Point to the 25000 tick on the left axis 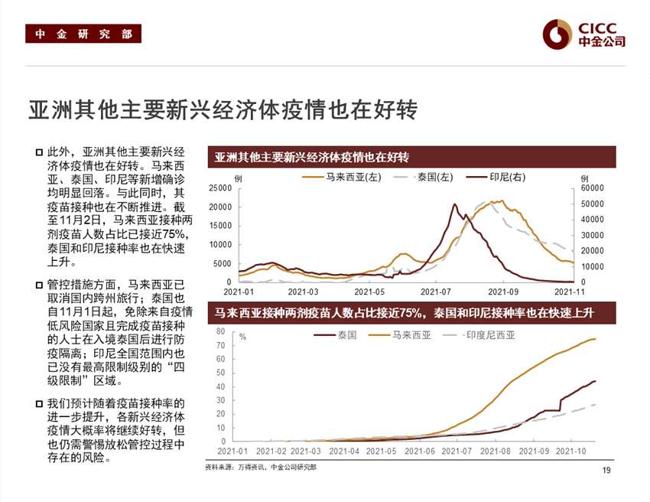point(221,188)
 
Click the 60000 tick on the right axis point(593,188)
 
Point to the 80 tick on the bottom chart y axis point(220,331)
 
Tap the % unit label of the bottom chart point(242,337)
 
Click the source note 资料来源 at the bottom point(260,466)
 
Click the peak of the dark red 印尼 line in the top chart point(455,204)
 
